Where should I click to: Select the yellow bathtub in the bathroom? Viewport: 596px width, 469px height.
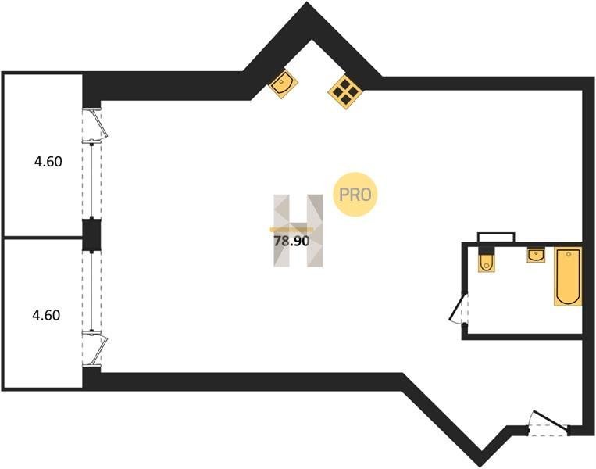coord(567,276)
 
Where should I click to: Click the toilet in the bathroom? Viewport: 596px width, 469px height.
coord(487,260)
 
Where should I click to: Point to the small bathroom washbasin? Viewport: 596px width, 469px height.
coord(536,255)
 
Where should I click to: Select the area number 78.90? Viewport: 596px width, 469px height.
coord(291,241)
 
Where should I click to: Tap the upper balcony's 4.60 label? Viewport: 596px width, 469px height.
coord(47,163)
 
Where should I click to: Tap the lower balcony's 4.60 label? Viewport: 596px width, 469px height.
coord(47,315)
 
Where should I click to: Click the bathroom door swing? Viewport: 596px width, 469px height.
coord(458,307)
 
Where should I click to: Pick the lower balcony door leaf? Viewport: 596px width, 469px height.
coord(98,347)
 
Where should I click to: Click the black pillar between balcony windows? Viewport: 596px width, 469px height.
coord(92,235)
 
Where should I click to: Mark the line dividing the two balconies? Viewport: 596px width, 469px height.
coord(43,237)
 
